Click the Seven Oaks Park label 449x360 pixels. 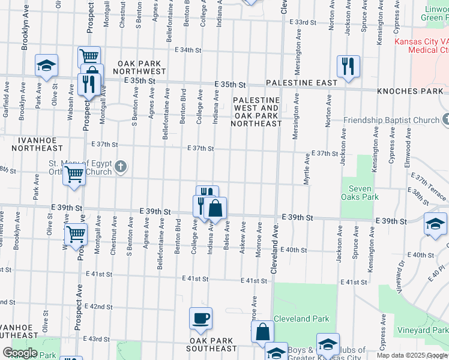[x=360, y=192]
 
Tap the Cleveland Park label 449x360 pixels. [x=301, y=319]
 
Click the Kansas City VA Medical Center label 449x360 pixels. [x=422, y=46]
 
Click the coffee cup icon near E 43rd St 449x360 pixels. [x=200, y=317]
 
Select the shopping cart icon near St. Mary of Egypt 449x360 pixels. [x=74, y=175]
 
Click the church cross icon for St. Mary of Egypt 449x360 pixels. [x=120, y=167]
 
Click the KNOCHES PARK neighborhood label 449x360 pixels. [x=410, y=92]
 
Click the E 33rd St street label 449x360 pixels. [x=302, y=22]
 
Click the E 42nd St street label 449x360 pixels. [x=99, y=307]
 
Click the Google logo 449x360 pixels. [x=20, y=353]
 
